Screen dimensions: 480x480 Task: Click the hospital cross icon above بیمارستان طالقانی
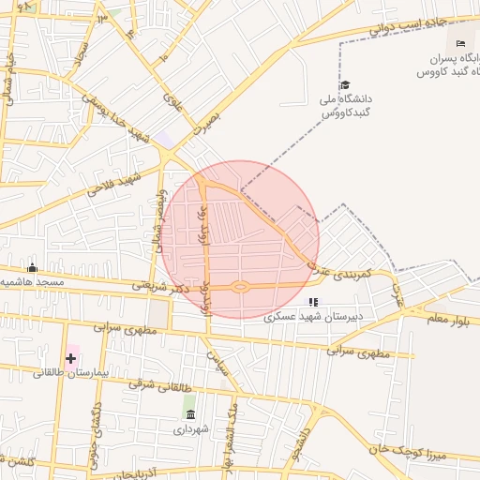[x=70, y=358]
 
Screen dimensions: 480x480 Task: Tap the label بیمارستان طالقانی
[x=72, y=372]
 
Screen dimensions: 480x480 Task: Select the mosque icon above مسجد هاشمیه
[x=33, y=268]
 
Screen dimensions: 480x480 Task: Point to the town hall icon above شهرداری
[x=190, y=414]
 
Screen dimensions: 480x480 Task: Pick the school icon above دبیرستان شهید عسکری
[x=313, y=302]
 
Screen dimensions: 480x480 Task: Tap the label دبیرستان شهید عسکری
[x=312, y=316]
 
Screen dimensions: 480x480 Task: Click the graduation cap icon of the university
[x=344, y=84]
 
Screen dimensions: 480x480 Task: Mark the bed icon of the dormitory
[x=459, y=44]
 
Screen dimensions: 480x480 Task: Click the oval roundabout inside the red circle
[x=240, y=287]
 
